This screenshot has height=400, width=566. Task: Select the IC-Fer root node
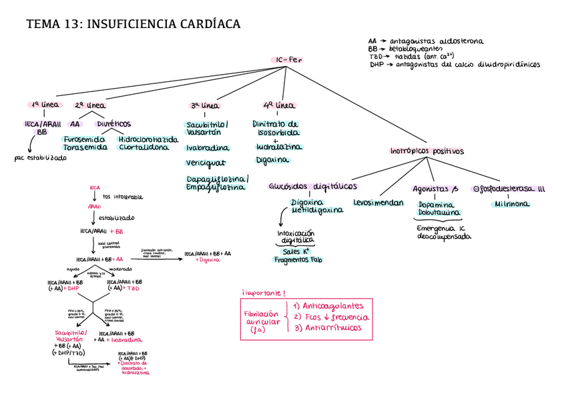[288, 61]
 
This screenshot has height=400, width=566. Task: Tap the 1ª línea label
[45, 105]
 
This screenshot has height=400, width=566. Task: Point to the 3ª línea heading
[204, 106]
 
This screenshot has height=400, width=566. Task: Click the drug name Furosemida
[84, 139]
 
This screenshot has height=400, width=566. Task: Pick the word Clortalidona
[144, 147]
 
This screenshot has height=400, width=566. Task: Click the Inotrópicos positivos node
[427, 151]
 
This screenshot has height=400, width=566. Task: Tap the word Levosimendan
[378, 201]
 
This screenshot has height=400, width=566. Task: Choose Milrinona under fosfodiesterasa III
[513, 204]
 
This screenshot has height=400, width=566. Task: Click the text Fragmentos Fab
[298, 260]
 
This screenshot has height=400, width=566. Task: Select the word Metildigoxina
[316, 210]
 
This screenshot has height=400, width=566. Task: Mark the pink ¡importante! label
[264, 293]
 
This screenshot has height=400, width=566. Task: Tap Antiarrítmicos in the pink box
[331, 328]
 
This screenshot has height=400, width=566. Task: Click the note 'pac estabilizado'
[40, 159]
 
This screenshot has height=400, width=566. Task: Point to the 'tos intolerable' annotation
[123, 197]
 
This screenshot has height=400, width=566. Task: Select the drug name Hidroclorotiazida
[148, 139]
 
